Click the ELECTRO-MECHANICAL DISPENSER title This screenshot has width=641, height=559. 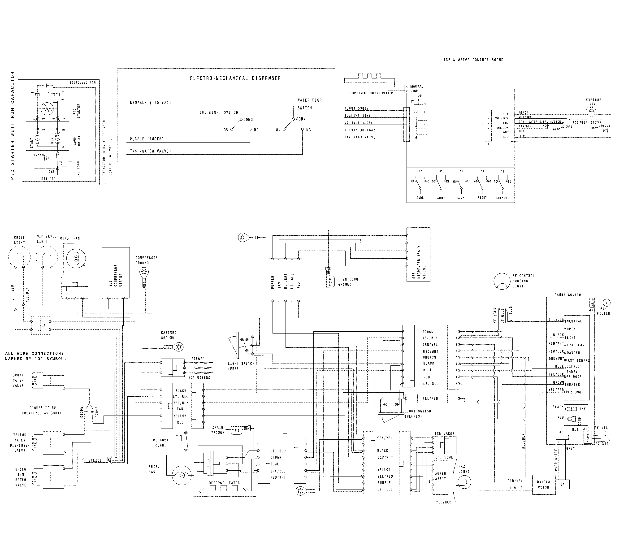235,78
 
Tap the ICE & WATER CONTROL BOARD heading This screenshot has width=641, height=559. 473,60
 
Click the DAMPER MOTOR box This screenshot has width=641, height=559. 543,485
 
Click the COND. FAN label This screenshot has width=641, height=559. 70,238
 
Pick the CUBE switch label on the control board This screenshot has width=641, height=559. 420,198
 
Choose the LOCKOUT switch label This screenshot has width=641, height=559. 502,198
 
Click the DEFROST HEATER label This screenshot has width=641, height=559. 224,483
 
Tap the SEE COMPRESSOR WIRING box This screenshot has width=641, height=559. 116,273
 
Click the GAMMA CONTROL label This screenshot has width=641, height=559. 569,295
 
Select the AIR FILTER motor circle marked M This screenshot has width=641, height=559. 607,303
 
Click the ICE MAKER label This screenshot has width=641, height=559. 445,433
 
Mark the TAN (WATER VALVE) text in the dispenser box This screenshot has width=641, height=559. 150,151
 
